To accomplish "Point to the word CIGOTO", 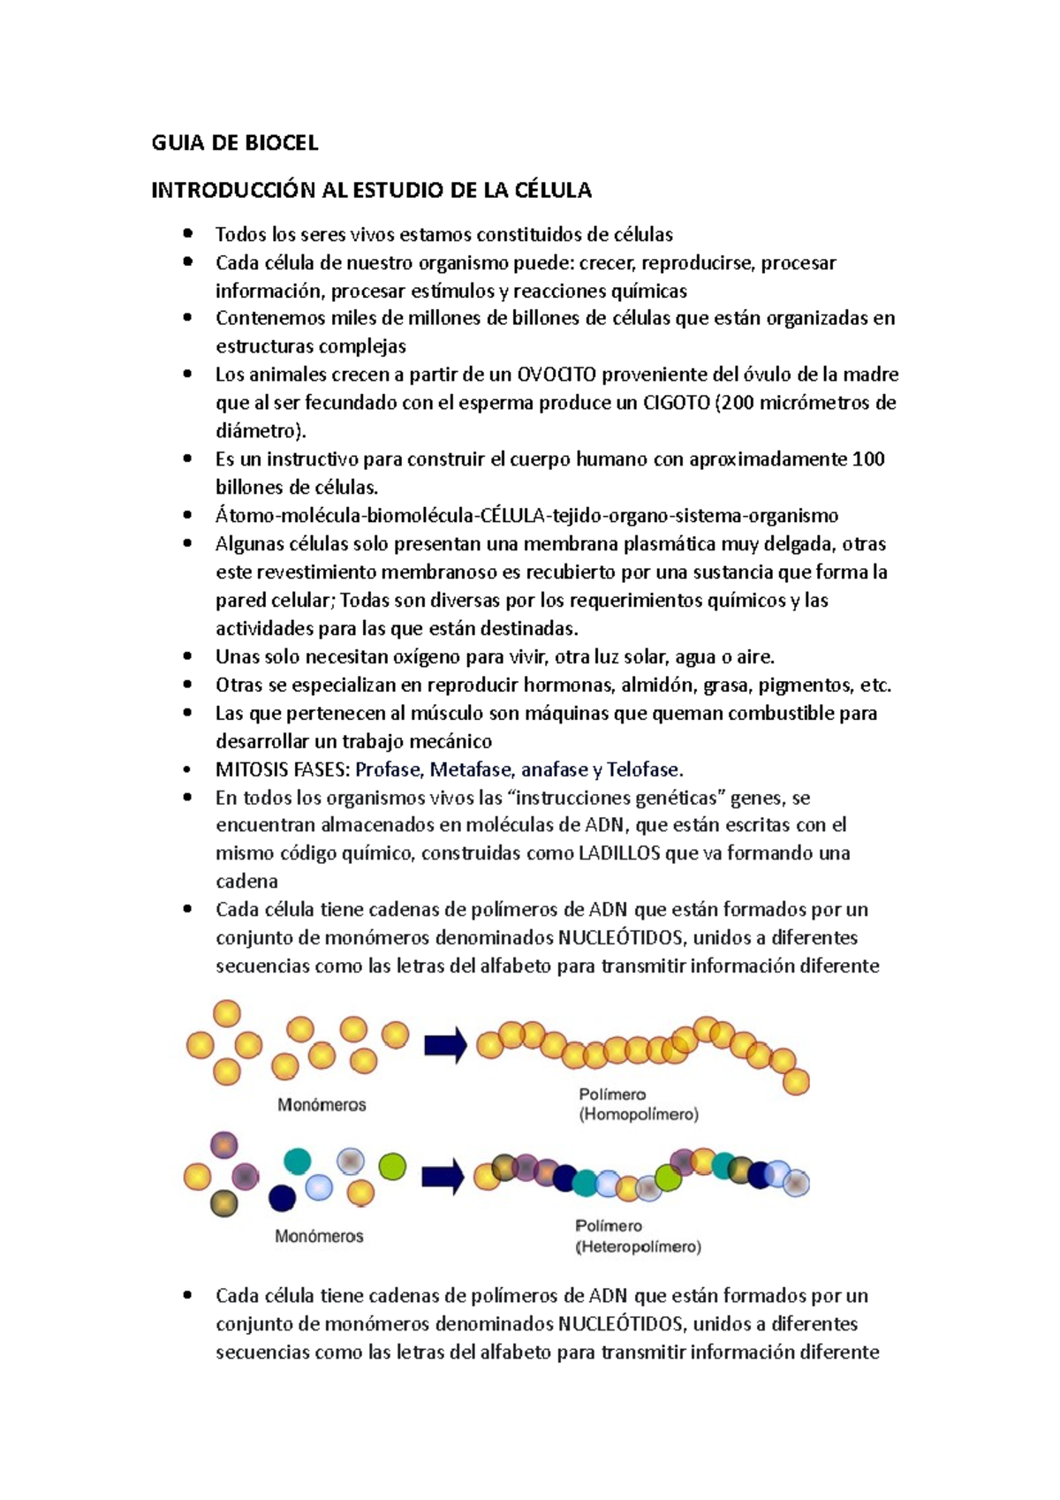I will [676, 403].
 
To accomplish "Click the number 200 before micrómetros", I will [742, 403].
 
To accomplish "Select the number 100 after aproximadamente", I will [868, 459].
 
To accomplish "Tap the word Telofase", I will [644, 769].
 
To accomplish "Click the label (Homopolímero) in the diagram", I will [639, 1115].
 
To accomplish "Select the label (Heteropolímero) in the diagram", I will [639, 1247].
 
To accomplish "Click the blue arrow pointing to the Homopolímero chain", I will [445, 1046].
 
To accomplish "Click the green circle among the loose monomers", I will [392, 1166].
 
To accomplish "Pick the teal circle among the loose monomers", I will [298, 1161].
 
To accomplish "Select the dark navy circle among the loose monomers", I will [282, 1198].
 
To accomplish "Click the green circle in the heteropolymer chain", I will [669, 1178].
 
